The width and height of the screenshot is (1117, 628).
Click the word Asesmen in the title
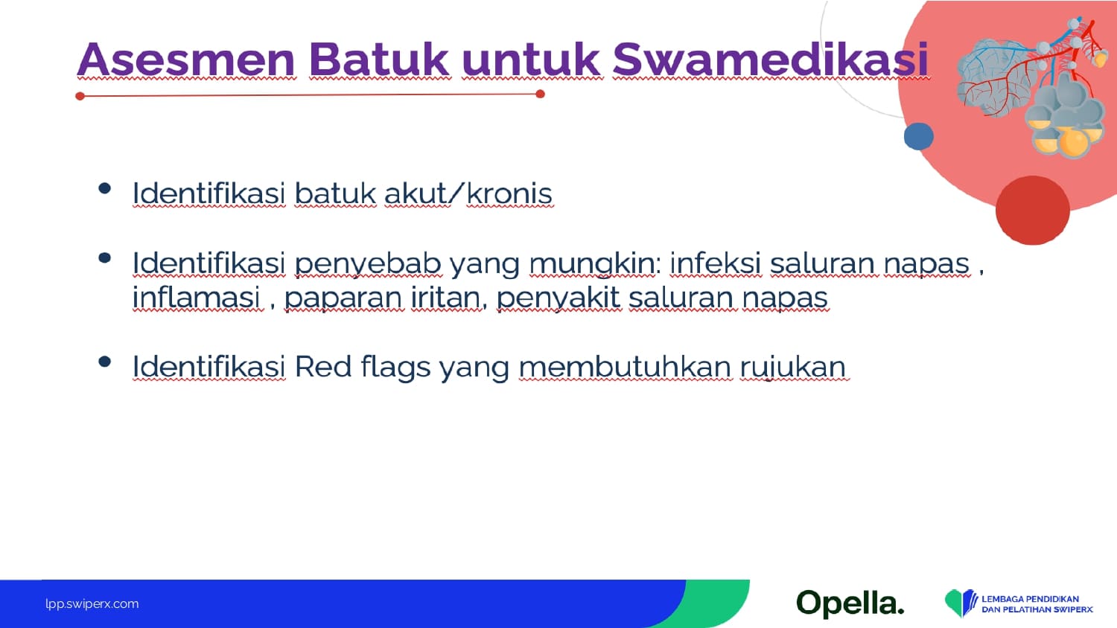(x=186, y=60)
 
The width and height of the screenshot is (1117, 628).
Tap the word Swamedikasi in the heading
(x=771, y=60)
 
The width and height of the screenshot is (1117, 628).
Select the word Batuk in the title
(x=379, y=60)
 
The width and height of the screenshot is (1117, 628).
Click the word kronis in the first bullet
(x=509, y=193)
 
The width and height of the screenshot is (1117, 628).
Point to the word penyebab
(x=368, y=264)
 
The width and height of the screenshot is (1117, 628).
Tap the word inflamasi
(x=197, y=298)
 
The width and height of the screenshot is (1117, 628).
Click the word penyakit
(x=559, y=298)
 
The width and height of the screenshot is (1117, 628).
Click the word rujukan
(x=793, y=368)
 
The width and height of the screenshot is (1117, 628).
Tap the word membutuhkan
(x=626, y=367)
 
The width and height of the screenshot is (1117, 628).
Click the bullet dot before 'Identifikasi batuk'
(x=105, y=188)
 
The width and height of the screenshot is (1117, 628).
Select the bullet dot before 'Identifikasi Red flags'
(x=105, y=362)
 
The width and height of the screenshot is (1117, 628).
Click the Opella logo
(x=850, y=603)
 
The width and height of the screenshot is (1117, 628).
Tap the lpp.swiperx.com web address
(x=92, y=604)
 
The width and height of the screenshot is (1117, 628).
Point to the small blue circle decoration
(x=918, y=136)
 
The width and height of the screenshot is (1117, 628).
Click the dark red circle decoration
(x=1033, y=210)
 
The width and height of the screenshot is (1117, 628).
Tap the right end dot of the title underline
(x=540, y=94)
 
